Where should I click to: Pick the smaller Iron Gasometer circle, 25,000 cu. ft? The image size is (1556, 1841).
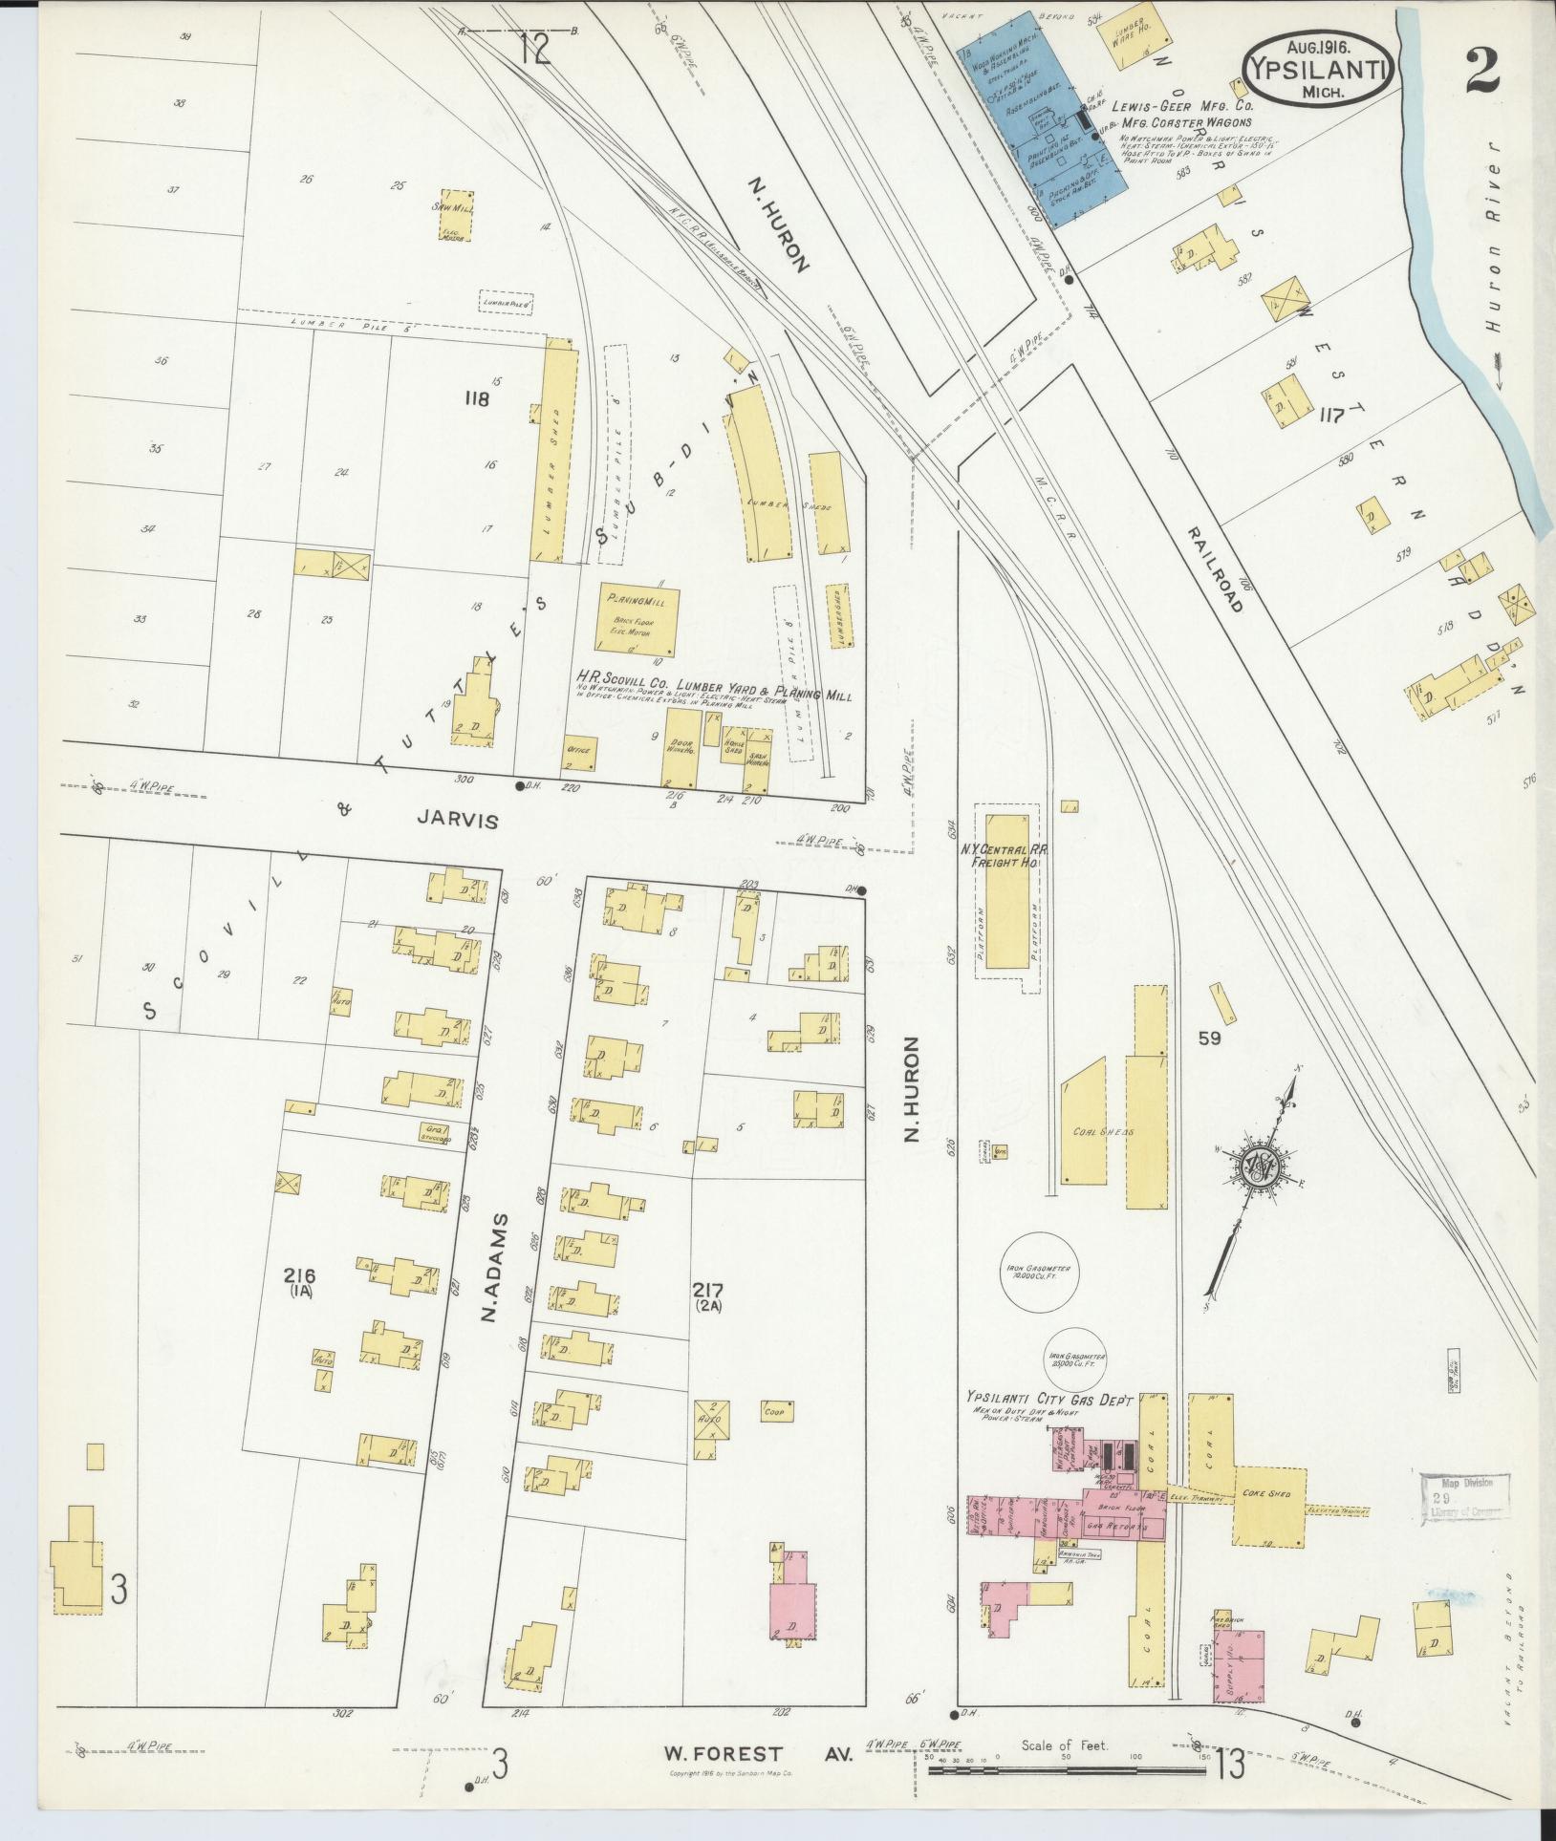click(1076, 1359)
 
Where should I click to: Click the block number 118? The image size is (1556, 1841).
click(476, 398)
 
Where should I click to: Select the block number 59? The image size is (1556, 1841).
click(1209, 1038)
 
